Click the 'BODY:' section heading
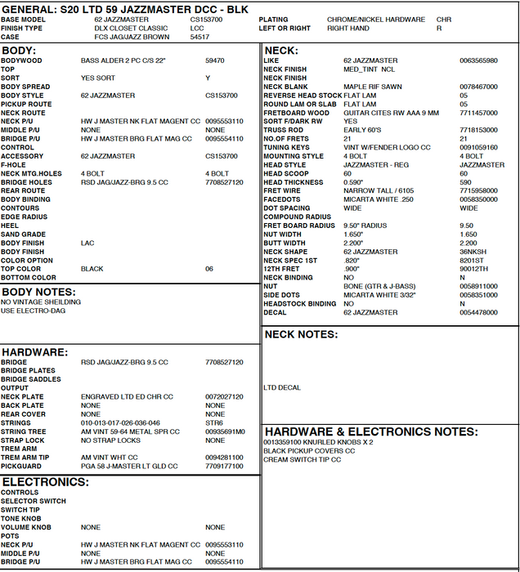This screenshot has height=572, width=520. coord(19,51)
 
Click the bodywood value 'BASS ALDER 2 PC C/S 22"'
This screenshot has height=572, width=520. coord(123,60)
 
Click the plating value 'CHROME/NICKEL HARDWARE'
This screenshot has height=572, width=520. coord(375,20)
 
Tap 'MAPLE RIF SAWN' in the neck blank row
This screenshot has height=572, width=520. coord(373,87)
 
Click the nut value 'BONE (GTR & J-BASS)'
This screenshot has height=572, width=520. coord(376,286)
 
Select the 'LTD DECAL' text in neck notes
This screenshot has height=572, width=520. coord(282,387)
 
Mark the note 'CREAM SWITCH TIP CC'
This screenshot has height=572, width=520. coord(303,459)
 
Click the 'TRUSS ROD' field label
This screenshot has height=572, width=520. coord(282,130)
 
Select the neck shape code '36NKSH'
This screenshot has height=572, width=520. coord(473,252)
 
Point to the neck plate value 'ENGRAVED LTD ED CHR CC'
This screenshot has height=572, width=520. coord(127,396)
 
